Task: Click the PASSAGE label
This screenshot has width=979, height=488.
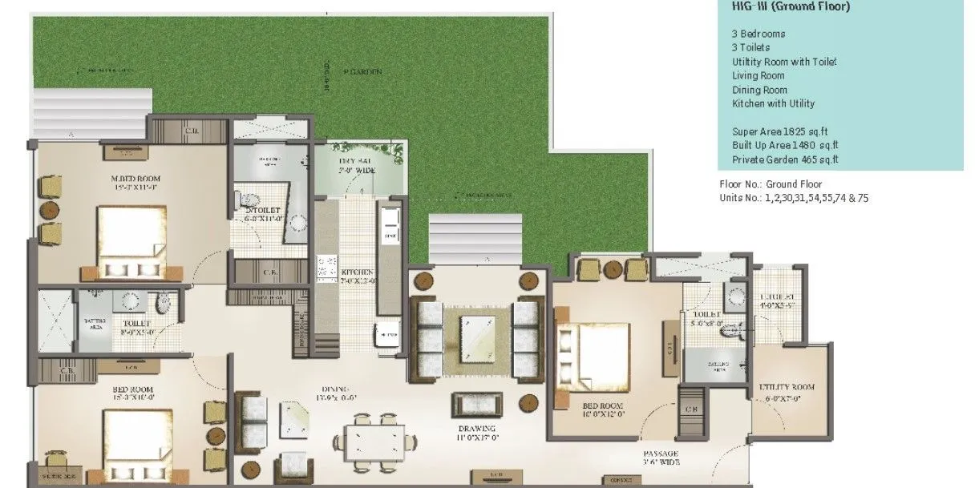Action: click(x=661, y=455)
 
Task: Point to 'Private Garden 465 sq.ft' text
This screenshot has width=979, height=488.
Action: click(x=785, y=159)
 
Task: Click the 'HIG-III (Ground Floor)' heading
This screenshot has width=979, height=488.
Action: click(x=779, y=6)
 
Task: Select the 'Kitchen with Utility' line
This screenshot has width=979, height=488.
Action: click(x=773, y=103)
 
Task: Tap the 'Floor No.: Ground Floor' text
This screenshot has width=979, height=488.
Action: click(x=770, y=184)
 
